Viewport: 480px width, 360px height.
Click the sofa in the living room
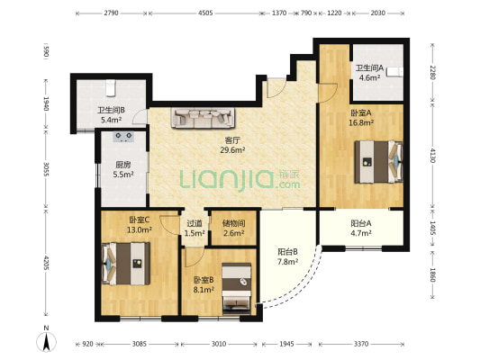point(204,118)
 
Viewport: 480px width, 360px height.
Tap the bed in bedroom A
point(378,161)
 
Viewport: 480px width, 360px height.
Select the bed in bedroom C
point(125,264)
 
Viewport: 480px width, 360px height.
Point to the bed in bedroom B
point(237,288)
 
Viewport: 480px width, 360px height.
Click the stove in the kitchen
point(123,137)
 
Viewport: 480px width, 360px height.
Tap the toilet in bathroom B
point(111,87)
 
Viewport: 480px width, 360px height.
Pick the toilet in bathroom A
point(395,72)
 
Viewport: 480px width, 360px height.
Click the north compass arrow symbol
point(46,342)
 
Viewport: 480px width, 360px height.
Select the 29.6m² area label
point(232,150)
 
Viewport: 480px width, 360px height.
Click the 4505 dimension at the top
point(205,13)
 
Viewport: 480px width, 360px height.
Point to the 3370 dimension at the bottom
point(361,344)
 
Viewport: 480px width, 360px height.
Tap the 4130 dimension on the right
point(432,156)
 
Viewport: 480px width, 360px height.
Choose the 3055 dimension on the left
point(46,169)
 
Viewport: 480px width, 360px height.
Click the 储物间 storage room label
point(233,223)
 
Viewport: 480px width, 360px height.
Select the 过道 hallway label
point(195,223)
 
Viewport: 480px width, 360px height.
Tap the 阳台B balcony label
point(288,252)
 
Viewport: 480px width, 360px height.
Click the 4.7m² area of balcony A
point(361,233)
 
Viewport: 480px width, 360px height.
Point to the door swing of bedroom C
point(168,225)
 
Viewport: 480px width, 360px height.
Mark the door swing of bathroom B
point(140,116)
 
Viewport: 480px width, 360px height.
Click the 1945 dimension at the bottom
point(287,344)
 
